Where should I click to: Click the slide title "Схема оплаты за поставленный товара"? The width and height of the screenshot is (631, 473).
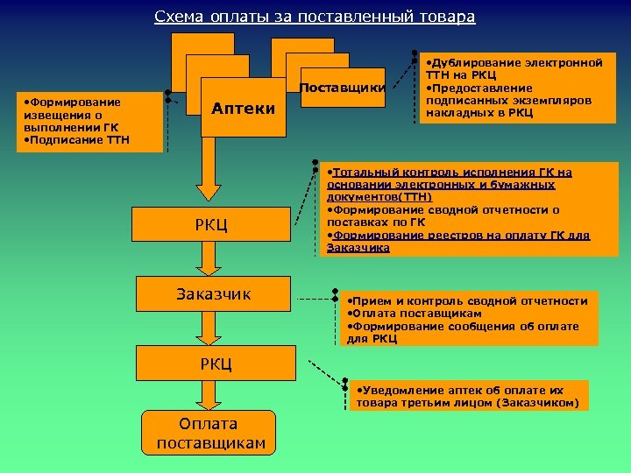(x=315, y=17)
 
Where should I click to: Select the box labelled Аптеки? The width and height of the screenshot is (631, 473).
(x=243, y=109)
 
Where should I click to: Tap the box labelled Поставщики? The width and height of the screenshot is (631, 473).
(x=343, y=88)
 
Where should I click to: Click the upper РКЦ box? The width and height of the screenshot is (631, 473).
(x=210, y=225)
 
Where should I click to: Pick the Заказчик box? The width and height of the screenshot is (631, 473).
(x=213, y=294)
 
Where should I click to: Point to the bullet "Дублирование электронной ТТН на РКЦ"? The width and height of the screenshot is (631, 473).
(x=514, y=69)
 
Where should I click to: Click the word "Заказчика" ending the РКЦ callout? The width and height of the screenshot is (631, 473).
(x=358, y=248)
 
